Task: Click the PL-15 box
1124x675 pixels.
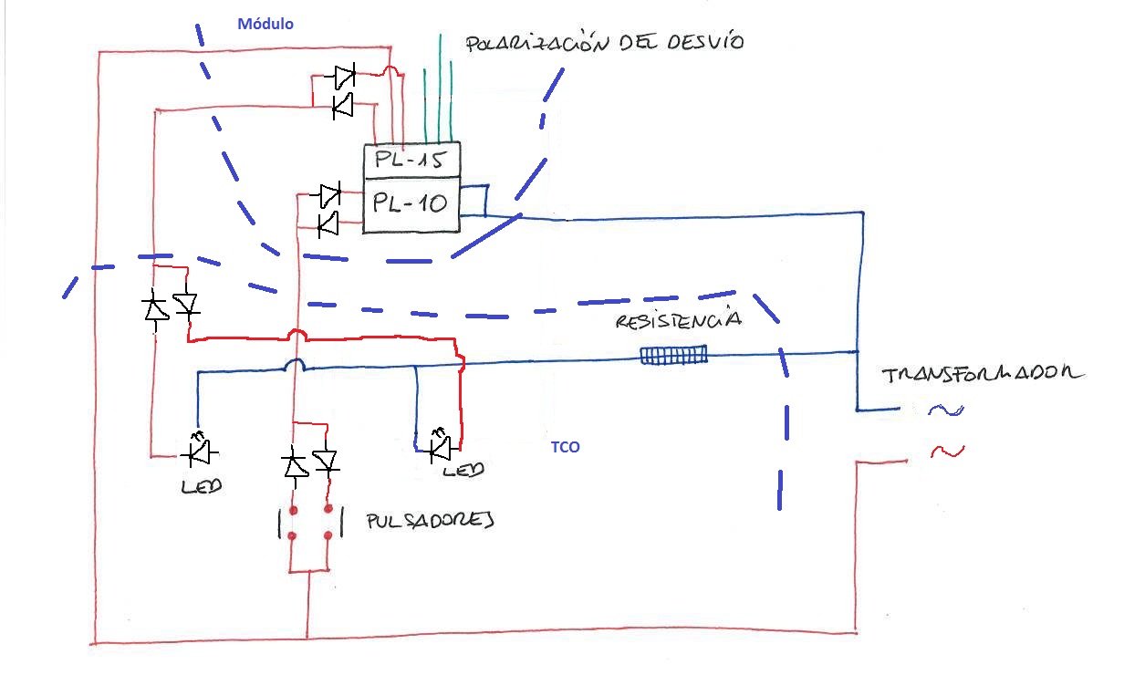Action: [411, 161]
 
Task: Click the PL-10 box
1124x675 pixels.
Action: [411, 204]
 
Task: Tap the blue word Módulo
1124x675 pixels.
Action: [265, 24]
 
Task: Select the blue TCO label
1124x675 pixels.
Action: [565, 447]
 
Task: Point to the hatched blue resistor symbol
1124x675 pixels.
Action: [674, 356]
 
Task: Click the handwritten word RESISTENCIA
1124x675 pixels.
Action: [679, 319]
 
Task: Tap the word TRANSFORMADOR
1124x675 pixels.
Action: [982, 374]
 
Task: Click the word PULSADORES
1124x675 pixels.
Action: [431, 521]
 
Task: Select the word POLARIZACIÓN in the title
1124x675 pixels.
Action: [536, 43]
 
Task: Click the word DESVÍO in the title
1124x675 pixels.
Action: [705, 42]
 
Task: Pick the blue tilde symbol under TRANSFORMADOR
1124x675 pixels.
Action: [946, 410]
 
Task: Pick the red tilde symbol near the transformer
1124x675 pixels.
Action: [947, 451]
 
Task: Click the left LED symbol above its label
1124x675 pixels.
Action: [200, 451]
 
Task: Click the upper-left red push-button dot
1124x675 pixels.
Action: [294, 511]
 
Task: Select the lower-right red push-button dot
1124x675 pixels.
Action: [328, 535]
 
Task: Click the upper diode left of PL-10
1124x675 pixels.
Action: [328, 194]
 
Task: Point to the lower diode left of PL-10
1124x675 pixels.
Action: [328, 223]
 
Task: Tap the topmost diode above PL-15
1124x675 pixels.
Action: [345, 76]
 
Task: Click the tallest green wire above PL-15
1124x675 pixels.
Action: [440, 88]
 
